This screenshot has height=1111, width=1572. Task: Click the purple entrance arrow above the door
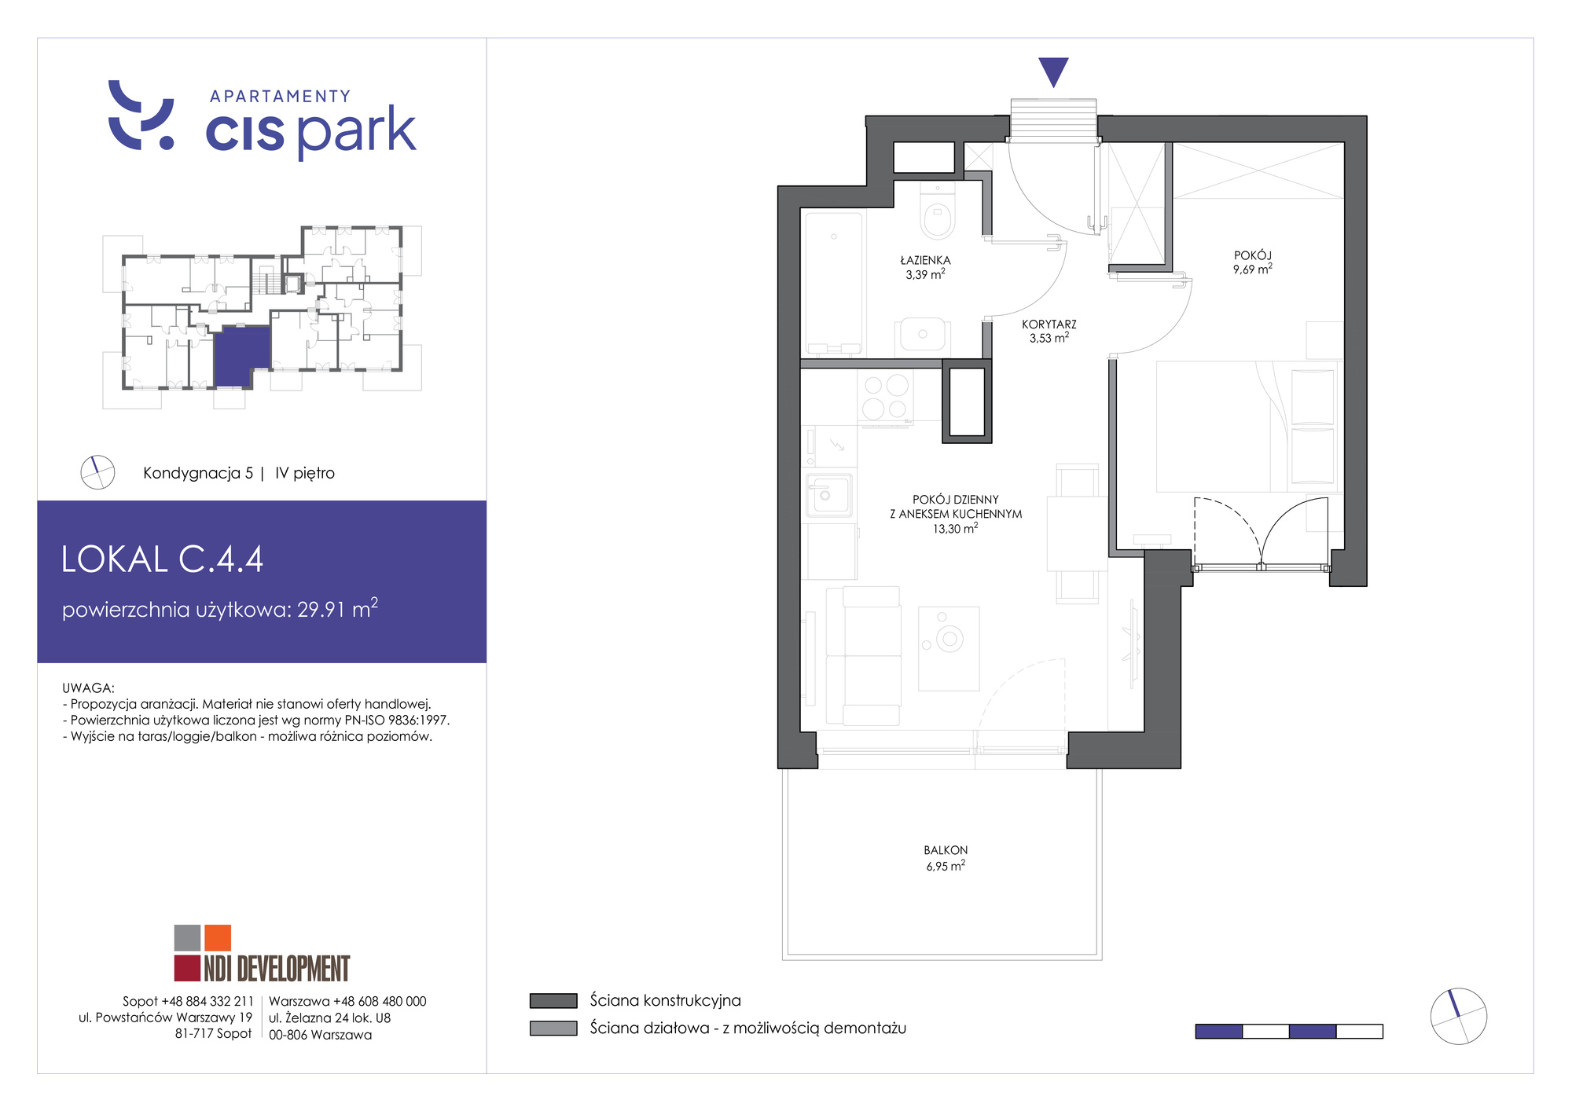click(1053, 71)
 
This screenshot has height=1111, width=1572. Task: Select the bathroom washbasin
click(922, 334)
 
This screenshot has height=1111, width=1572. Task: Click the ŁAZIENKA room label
click(925, 260)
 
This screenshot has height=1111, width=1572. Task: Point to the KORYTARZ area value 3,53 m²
click(1049, 338)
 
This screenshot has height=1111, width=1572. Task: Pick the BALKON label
click(946, 850)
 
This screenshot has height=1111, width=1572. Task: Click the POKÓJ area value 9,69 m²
click(1253, 269)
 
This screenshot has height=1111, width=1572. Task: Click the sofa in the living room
click(863, 656)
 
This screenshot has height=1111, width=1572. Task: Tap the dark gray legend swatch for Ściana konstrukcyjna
click(553, 1001)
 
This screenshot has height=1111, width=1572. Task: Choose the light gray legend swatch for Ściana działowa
click(553, 1028)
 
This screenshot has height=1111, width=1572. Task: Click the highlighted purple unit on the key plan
click(241, 356)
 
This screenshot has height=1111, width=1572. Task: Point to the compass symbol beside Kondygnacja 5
click(97, 472)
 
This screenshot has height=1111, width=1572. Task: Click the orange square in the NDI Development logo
click(218, 937)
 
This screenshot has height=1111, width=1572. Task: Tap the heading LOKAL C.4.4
click(162, 559)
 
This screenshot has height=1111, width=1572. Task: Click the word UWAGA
click(88, 687)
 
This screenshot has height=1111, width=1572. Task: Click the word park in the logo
click(357, 131)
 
